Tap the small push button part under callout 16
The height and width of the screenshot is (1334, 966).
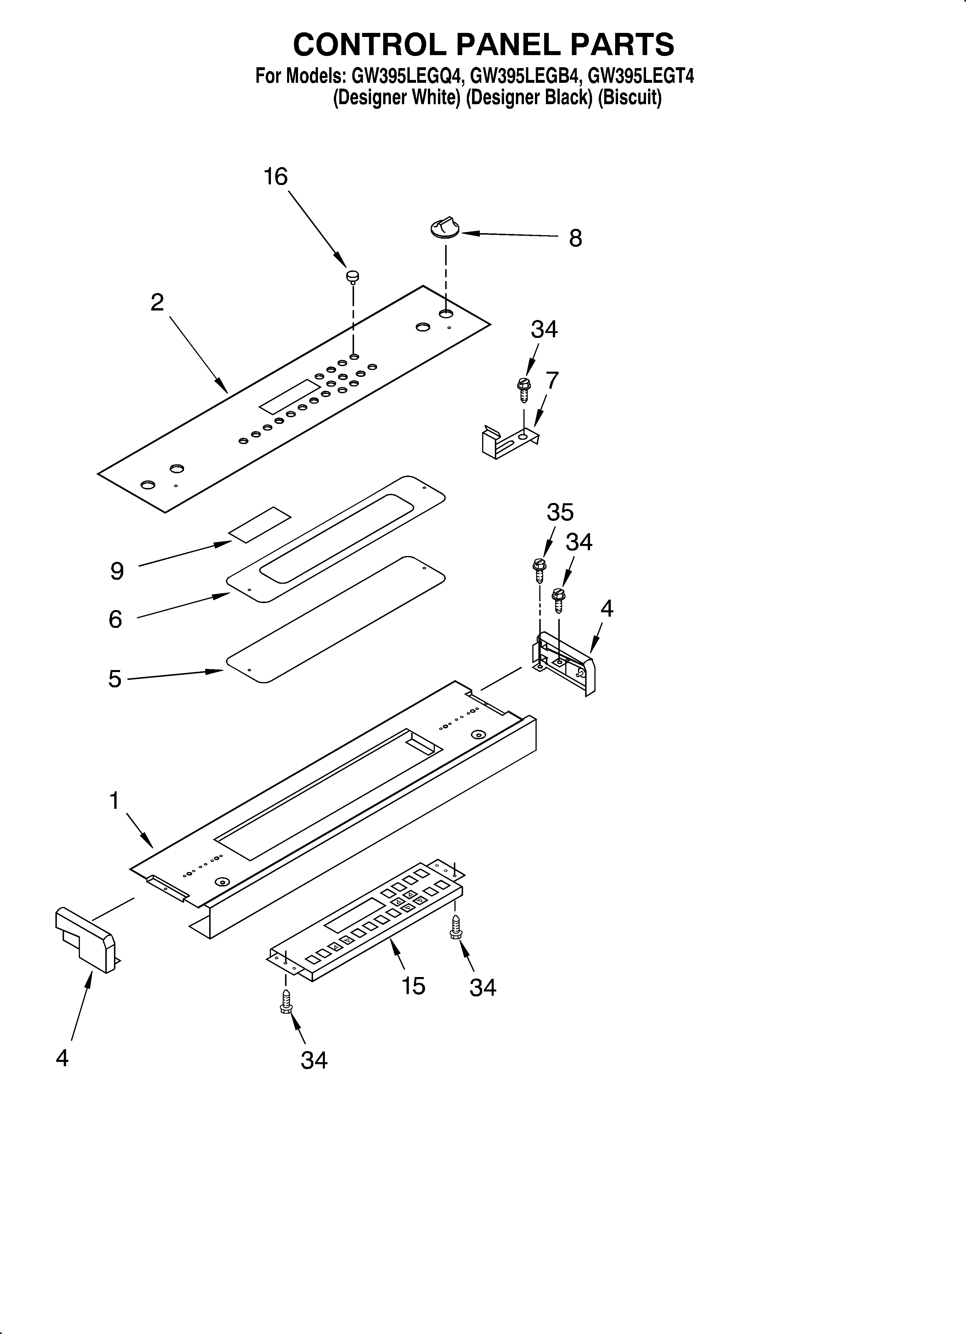[x=353, y=276]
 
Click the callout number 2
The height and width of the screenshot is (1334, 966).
[x=157, y=302]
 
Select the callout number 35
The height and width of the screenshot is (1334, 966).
[x=559, y=512]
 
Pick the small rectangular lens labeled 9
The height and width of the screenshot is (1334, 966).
[x=259, y=524]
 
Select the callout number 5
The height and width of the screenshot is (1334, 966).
[x=115, y=679]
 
